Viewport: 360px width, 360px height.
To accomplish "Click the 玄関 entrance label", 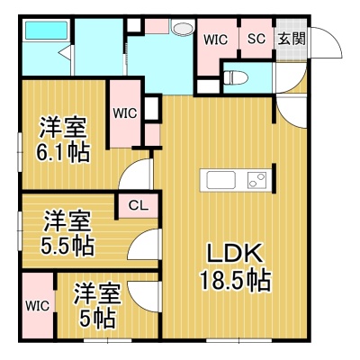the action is point(292,39).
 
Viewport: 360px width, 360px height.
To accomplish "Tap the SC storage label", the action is point(256,39).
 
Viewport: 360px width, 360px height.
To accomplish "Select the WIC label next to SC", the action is point(216,40).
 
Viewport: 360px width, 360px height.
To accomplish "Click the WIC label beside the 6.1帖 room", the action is point(125,113).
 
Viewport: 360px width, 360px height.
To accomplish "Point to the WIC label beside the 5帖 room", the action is point(37,306).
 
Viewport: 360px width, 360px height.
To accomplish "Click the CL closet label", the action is point(139,205).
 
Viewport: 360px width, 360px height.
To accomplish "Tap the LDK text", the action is point(235,255).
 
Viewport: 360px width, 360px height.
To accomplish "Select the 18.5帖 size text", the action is point(236,281).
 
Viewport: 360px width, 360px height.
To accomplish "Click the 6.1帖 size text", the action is point(63,152).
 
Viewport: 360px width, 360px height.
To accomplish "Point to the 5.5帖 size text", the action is point(67,245).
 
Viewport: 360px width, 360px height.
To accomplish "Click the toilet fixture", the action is point(236,78).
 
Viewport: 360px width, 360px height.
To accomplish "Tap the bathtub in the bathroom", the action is point(46,30).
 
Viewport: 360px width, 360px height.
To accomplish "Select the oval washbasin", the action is point(182,28).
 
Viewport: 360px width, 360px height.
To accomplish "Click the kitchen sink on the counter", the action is point(221,180).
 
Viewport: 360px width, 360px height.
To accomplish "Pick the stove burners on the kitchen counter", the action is point(256,180).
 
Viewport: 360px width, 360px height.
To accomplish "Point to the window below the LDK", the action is point(239,341).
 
